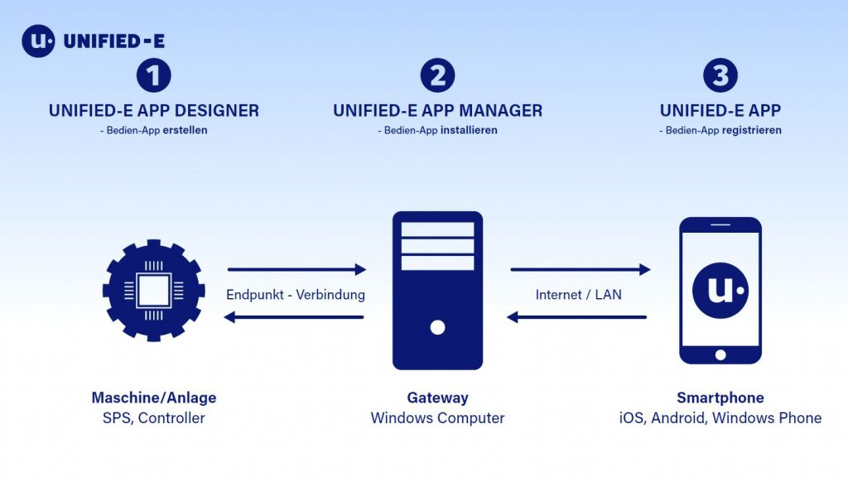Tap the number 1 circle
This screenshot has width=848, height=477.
pos(153,75)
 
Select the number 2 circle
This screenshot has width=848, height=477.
pos(437,75)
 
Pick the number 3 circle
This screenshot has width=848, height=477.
pos(720,75)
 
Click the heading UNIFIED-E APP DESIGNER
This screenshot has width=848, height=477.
pos(153,110)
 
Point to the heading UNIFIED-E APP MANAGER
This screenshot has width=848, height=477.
pos(437,110)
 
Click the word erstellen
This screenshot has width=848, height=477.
pos(185,131)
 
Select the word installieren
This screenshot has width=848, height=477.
pos(469,131)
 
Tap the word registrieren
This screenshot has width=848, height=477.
pos(752,131)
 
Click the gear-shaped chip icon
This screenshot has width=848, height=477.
pos(153,291)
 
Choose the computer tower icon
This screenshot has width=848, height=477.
pos(437,290)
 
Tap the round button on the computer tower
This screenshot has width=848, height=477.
pos(437,327)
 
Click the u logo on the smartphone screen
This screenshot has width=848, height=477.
pos(720,290)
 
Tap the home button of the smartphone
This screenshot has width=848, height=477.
pos(720,355)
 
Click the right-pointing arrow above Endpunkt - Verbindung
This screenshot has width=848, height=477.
pos(296,269)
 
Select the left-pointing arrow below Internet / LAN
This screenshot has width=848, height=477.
pos(576,317)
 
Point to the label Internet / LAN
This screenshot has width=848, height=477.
pos(579,294)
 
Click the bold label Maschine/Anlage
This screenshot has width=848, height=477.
pos(153,398)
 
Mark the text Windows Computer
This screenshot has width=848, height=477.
pos(437,418)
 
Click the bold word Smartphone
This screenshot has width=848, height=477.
pos(720,398)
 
